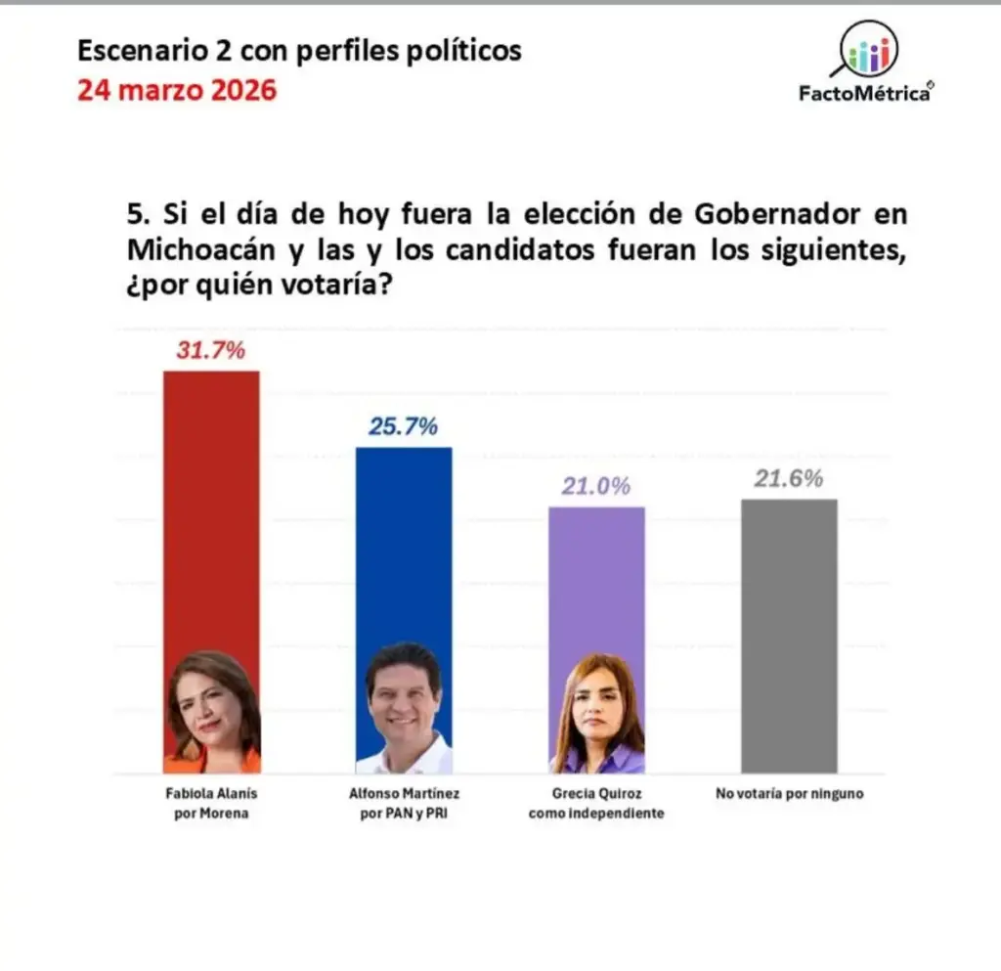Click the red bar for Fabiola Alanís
[x=211, y=508]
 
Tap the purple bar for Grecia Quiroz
[x=596, y=577]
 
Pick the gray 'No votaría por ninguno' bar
[x=789, y=636]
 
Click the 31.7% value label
[x=210, y=351]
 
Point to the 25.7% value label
[x=403, y=427]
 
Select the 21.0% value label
[x=595, y=487]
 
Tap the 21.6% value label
[x=789, y=479]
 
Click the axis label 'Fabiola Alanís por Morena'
[x=211, y=803]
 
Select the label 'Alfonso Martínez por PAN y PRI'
[x=403, y=803]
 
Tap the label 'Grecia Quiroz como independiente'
[x=596, y=803]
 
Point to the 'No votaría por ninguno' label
[x=789, y=794]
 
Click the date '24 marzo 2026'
[x=177, y=91]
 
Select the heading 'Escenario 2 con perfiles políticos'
[x=299, y=50]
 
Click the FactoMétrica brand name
[x=866, y=95]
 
